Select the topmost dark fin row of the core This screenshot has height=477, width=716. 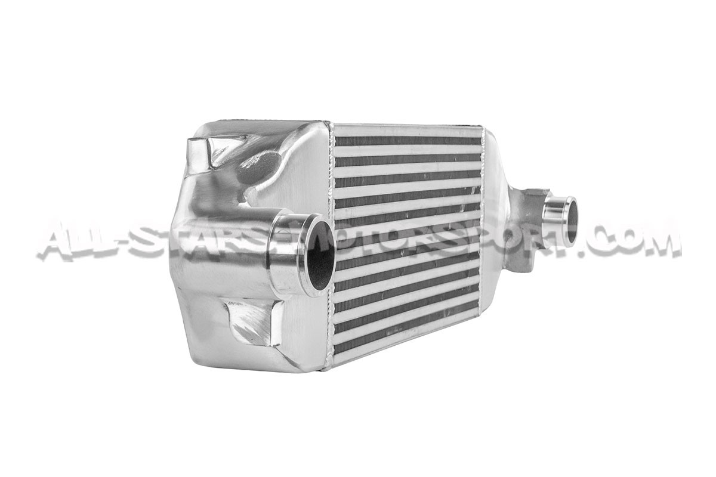click(407, 141)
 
